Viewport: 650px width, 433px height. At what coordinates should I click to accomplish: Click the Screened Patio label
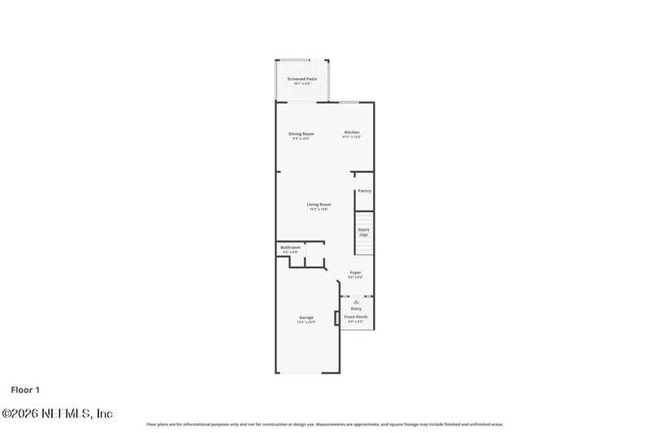(301, 79)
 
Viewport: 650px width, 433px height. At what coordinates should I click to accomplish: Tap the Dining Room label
(301, 133)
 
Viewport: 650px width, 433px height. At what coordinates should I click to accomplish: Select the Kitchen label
(352, 132)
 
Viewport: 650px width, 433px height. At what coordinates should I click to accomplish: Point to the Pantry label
(364, 191)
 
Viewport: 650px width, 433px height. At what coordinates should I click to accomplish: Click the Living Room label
(318, 204)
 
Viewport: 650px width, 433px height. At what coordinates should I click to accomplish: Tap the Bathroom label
(290, 247)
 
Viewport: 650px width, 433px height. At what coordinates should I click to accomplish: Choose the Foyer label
(355, 272)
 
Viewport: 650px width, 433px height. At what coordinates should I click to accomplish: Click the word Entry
(356, 309)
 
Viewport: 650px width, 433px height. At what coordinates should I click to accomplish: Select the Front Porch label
(356, 317)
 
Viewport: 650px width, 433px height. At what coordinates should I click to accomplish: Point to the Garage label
(305, 317)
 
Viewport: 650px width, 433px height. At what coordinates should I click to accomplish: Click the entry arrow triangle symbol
(356, 302)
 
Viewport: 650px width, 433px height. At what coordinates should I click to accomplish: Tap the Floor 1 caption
(25, 390)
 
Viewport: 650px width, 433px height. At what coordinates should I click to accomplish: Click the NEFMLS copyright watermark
(57, 414)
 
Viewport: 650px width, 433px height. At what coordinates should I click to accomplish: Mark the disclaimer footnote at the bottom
(324, 424)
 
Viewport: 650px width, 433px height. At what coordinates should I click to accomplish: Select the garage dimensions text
(305, 323)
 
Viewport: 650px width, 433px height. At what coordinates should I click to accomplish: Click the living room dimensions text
(318, 210)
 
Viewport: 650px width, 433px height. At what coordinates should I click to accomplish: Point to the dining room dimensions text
(301, 139)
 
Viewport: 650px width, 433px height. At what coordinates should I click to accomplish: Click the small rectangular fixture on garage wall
(336, 318)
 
